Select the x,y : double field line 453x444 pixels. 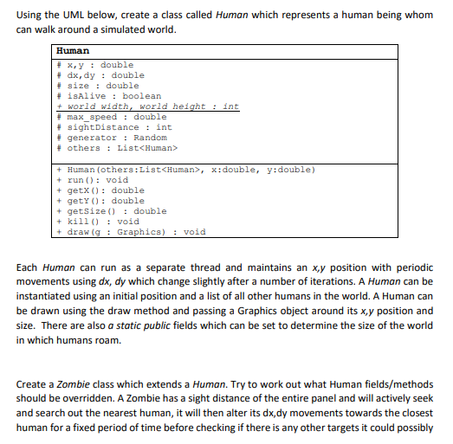tap(100, 65)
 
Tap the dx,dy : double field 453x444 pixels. tap(106, 75)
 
